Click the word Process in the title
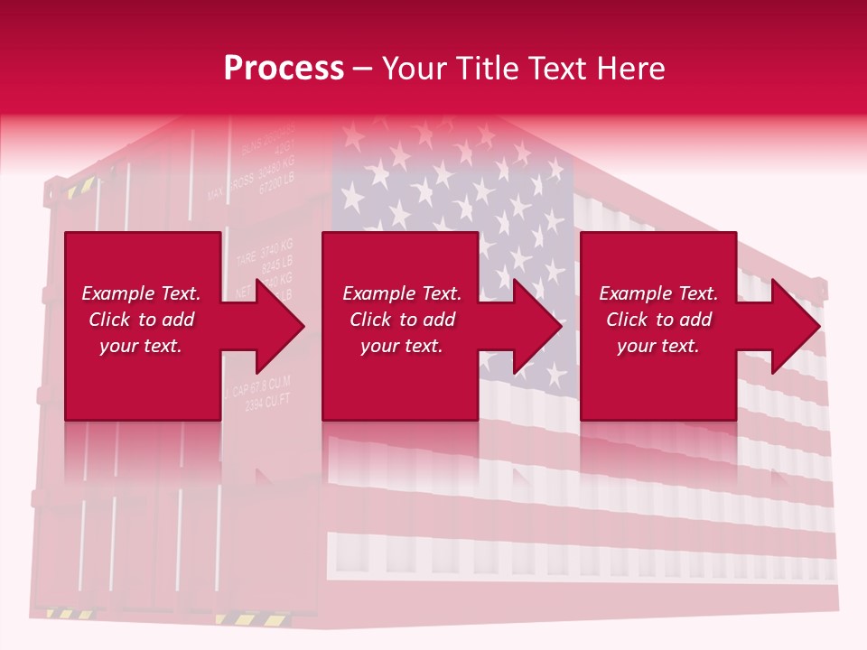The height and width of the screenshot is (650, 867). (284, 69)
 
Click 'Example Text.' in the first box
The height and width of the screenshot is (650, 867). (141, 293)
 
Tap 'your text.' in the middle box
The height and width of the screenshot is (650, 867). (401, 346)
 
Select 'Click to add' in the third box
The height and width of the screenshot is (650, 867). (658, 320)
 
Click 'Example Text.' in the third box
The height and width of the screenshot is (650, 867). (658, 293)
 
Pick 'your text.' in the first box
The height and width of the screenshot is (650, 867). (141, 346)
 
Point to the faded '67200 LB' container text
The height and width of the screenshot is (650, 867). (276, 185)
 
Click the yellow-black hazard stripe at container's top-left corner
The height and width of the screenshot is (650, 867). (79, 188)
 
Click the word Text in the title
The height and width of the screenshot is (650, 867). (556, 69)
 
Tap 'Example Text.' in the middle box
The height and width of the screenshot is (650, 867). (401, 293)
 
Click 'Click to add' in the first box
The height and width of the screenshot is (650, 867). (141, 320)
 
